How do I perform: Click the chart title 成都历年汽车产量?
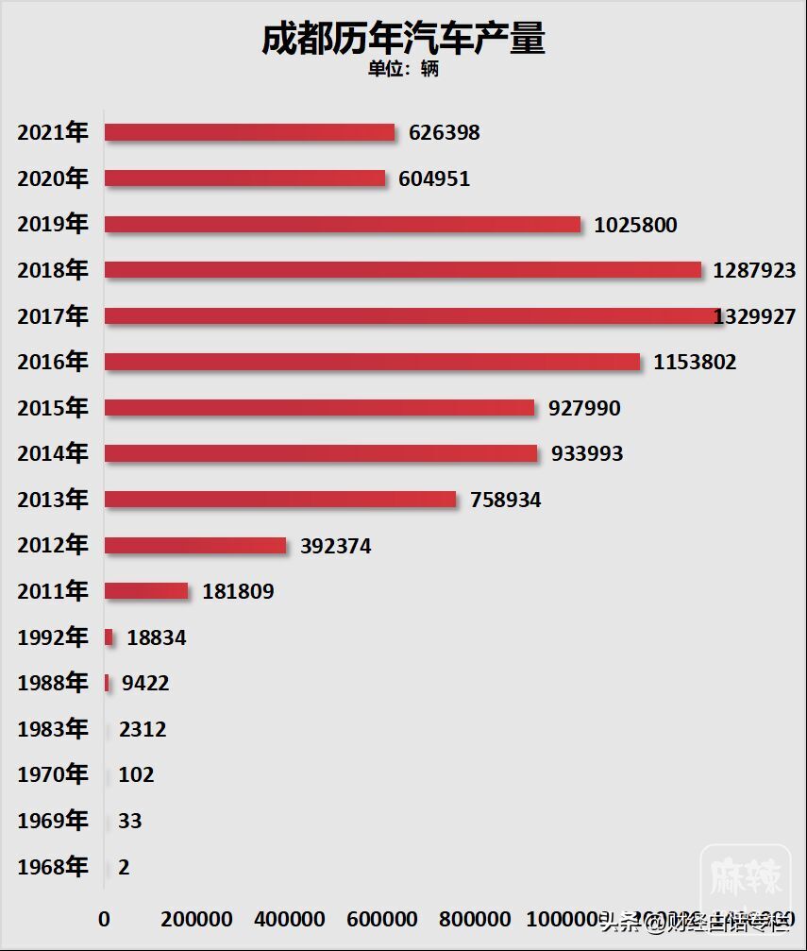click(x=403, y=40)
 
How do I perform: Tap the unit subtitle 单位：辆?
click(x=403, y=69)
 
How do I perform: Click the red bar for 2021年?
click(x=249, y=132)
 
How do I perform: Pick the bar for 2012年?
click(x=195, y=545)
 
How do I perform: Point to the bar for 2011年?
click(x=146, y=591)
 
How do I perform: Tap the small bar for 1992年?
click(x=109, y=637)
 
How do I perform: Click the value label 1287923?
click(x=754, y=270)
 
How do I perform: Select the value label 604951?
click(x=434, y=178)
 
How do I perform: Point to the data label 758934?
click(x=506, y=500)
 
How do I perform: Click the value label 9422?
click(x=145, y=683)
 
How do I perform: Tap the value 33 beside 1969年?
click(x=130, y=821)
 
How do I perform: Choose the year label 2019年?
click(x=53, y=224)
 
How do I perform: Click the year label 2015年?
click(x=53, y=407)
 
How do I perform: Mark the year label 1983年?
click(x=53, y=729)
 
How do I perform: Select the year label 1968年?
click(x=53, y=867)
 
